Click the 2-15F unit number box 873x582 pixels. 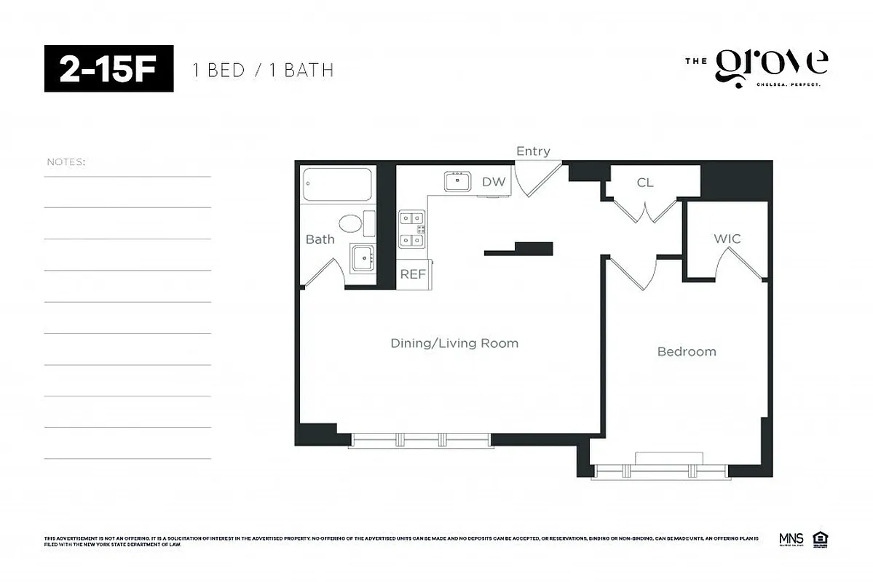tap(109, 68)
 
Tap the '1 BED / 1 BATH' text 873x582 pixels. tap(263, 71)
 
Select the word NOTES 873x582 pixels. tap(66, 162)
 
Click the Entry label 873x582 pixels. tap(533, 151)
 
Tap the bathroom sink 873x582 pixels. tap(362, 257)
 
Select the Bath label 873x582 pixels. tap(320, 239)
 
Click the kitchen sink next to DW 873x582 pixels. tap(458, 181)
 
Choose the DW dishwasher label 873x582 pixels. tap(493, 182)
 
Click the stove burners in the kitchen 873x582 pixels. tap(411, 229)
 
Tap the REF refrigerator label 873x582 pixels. tap(413, 274)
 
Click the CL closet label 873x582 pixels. tap(645, 183)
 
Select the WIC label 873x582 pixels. tap(727, 239)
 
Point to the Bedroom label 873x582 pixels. tap(687, 351)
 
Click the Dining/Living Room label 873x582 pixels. tap(454, 343)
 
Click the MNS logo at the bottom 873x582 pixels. tap(791, 539)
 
